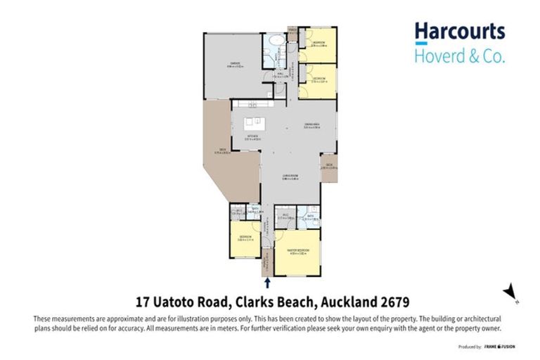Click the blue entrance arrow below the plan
click(268, 283)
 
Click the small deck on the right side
click(329, 167)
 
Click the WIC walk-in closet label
click(282, 217)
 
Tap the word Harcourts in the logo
click(459, 31)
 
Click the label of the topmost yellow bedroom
click(318, 44)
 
